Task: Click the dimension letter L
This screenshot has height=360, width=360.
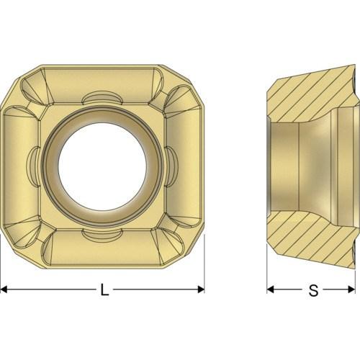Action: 104,289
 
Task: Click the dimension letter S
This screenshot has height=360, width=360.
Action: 313,290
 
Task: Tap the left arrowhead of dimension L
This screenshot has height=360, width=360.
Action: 4,289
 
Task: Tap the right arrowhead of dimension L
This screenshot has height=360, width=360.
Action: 201,289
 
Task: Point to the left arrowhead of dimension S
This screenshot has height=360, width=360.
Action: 271,289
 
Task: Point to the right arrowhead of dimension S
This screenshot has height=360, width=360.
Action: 352,289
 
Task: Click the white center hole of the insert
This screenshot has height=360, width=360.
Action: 102,166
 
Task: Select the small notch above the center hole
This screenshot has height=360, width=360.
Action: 102,97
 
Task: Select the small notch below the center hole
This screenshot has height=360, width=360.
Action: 102,235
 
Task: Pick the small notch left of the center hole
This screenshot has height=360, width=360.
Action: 33,166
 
